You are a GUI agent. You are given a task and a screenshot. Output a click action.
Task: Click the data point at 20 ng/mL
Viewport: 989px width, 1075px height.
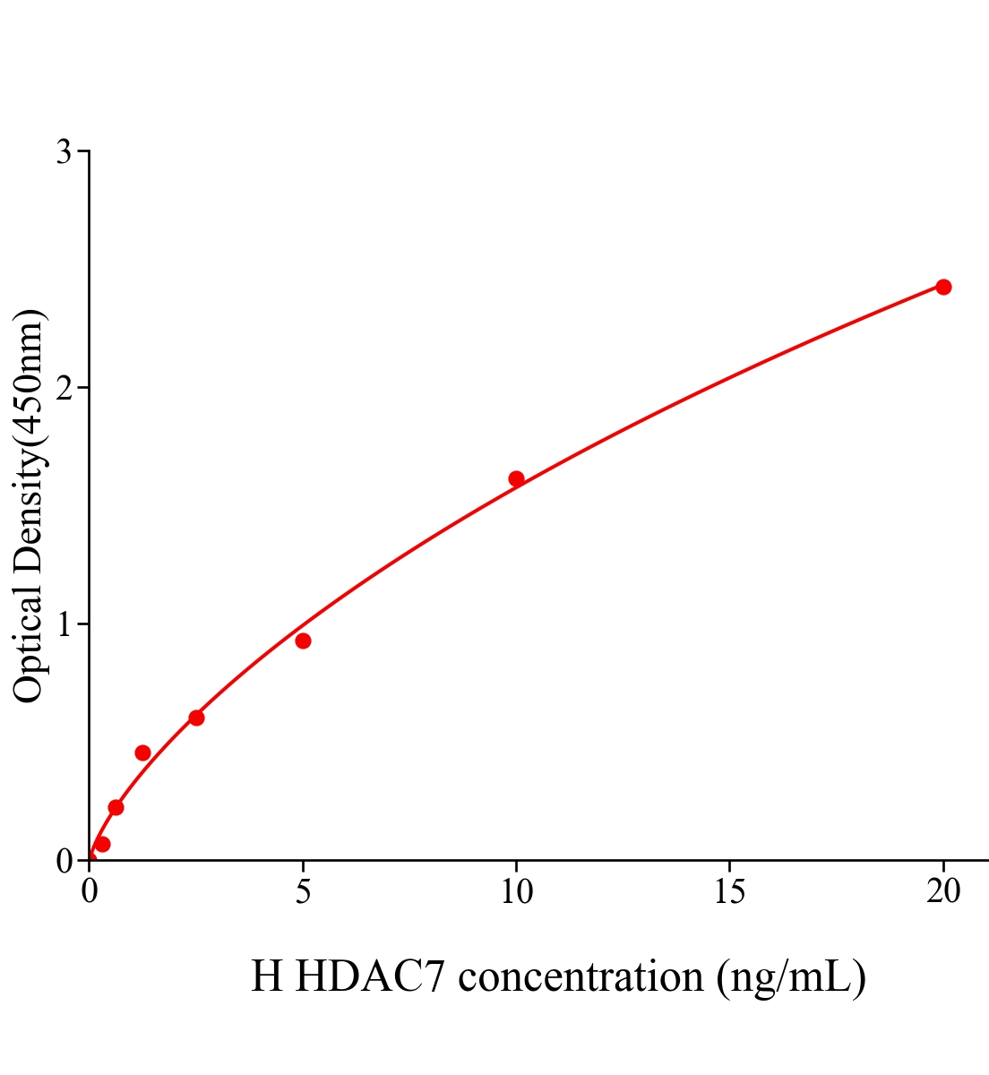coord(942,287)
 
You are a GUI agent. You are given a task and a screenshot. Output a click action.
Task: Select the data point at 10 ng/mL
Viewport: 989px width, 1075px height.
coord(516,478)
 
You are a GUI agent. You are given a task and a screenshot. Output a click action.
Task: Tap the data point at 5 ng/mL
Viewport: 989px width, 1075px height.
coord(303,641)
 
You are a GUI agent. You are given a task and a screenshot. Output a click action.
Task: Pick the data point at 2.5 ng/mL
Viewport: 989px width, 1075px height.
coord(196,718)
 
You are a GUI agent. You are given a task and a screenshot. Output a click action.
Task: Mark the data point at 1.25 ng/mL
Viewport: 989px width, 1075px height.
coord(142,752)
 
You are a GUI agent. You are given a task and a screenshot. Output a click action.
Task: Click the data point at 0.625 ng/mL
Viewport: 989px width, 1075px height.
coord(116,807)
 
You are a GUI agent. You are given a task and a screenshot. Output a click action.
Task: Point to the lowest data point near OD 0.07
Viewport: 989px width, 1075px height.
coord(102,844)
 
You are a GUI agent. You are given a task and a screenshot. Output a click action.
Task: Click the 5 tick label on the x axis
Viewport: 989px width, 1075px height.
coord(303,891)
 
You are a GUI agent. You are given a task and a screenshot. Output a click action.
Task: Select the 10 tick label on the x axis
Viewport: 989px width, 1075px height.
coord(516,891)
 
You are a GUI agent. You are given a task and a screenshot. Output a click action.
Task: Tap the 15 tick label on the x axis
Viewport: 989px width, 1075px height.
coord(729,891)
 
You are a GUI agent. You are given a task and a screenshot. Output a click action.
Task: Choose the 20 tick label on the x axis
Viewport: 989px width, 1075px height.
coord(942,891)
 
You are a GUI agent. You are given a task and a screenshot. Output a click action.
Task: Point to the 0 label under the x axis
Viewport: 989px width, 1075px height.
coord(90,891)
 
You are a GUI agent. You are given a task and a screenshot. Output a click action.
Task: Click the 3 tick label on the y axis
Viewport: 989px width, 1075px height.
coord(64,152)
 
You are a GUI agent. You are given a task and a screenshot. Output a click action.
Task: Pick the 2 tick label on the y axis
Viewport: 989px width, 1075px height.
coord(64,388)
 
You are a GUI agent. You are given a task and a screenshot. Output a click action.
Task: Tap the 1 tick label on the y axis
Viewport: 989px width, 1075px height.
coord(64,624)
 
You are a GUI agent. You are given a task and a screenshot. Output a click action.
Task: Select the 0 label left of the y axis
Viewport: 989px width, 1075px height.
coord(64,861)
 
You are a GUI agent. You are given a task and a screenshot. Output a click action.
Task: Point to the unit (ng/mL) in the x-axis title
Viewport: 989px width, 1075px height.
coord(790,976)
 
